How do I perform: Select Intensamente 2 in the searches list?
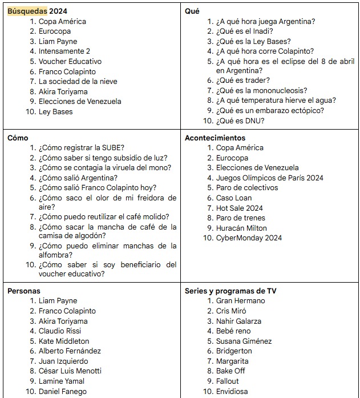coord(64,51)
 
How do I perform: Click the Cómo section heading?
coord(18,138)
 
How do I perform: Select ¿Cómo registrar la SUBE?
coord(82,148)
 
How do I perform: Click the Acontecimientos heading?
coord(215,138)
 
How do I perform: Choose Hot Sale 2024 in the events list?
coord(239,208)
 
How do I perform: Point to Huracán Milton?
coord(241,228)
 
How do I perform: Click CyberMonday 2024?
coord(249,238)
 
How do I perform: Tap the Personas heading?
coord(24,291)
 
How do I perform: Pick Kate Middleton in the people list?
coord(64,341)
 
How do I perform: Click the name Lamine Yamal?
coord(62,381)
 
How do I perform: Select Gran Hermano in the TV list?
coord(240,301)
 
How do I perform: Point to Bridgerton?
coord(234,351)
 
